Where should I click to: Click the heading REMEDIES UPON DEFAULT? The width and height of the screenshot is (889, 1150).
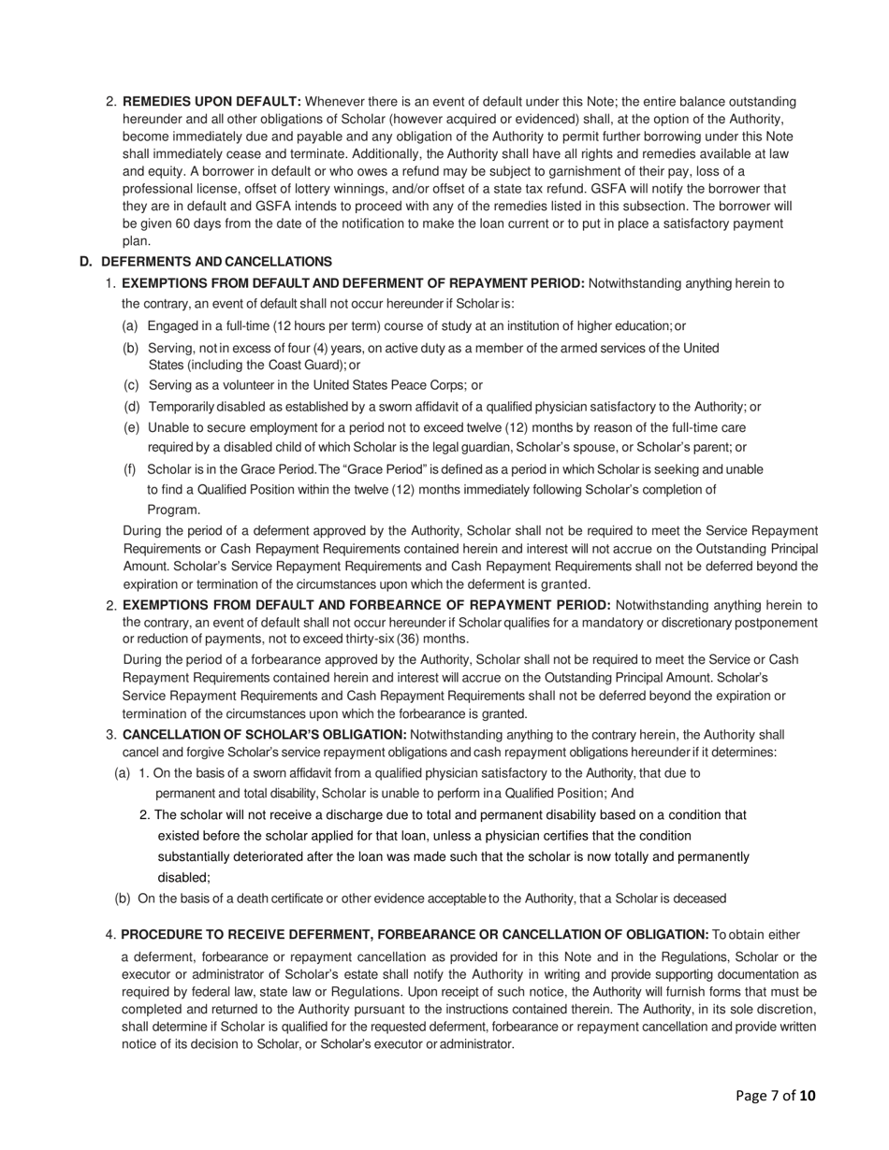click(211, 101)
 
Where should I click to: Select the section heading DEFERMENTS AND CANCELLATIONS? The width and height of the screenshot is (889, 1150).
click(215, 262)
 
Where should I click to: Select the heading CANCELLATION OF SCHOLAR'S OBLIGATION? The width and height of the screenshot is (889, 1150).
click(264, 735)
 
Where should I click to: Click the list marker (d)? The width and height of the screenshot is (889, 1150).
click(132, 407)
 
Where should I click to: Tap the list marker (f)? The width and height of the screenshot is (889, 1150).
click(131, 468)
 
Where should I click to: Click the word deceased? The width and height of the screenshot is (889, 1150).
click(697, 898)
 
